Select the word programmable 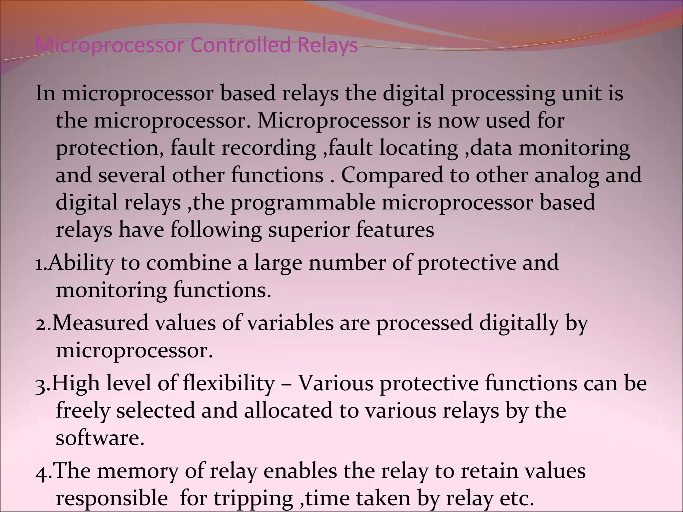coord(303,203)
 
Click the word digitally coord(519,324)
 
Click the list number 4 coord(41,472)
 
